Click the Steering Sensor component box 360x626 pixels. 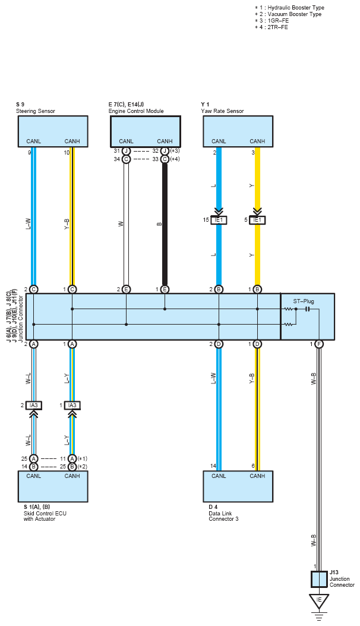[x=53, y=131]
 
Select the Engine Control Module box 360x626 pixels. [x=146, y=131]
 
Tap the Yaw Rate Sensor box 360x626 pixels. [x=238, y=131]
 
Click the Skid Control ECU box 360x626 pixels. [x=53, y=486]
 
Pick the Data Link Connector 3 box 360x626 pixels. [x=238, y=486]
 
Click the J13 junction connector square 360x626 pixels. [x=319, y=579]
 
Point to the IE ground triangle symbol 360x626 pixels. [x=319, y=601]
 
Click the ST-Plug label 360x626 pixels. [x=304, y=301]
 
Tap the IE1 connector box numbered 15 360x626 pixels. [x=219, y=220]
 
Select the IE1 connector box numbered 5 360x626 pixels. [x=257, y=220]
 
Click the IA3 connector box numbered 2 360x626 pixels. [x=33, y=405]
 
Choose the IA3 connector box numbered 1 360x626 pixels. [x=72, y=405]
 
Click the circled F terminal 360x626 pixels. [x=319, y=344]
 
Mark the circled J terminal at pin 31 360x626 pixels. [x=126, y=152]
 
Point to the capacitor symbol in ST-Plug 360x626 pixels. [x=307, y=309]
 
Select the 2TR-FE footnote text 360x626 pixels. [x=278, y=27]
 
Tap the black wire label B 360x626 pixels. [x=159, y=224]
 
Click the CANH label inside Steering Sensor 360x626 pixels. [x=72, y=141]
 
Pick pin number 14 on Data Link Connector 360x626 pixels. [x=213, y=466]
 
